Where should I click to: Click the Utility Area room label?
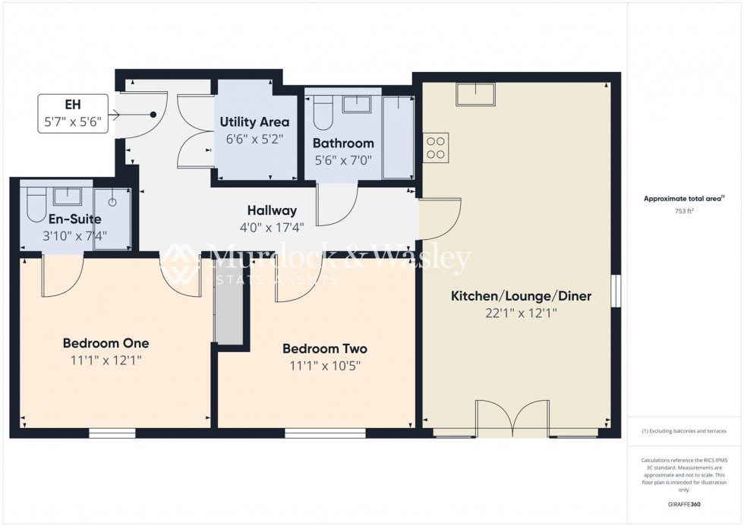[254, 121]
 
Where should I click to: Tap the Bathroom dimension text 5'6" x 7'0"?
[343, 160]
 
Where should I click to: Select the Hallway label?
[271, 211]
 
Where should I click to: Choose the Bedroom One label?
[106, 343]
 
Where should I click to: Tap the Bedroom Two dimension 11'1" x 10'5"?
[324, 365]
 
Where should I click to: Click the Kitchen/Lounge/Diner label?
[521, 296]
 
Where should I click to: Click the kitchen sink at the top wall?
[474, 94]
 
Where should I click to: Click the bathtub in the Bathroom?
[396, 137]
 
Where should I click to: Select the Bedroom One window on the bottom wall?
[112, 433]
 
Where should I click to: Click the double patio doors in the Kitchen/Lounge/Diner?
[514, 418]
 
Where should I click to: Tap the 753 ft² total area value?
[679, 212]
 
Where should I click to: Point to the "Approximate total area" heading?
[679, 199]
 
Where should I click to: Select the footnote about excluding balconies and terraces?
[683, 431]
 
